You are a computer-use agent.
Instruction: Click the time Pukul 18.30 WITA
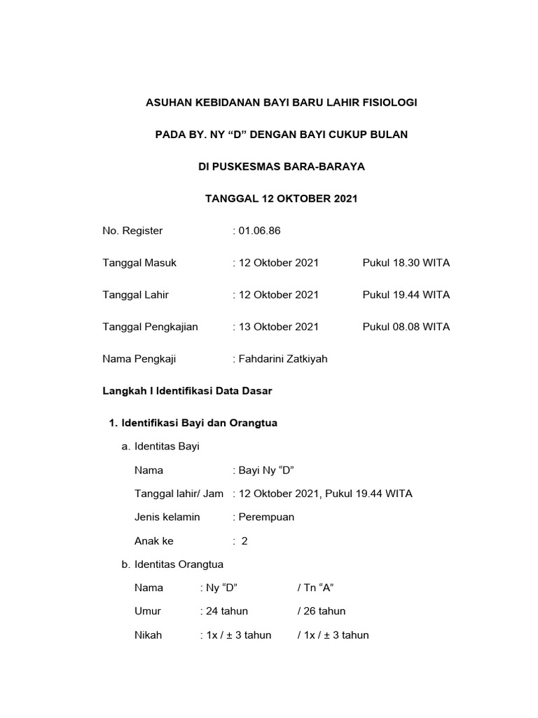[406, 263]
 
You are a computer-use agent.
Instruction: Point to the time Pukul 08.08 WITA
[406, 327]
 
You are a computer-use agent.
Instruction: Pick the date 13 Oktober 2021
[278, 327]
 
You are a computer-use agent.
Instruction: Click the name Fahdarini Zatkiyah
[282, 359]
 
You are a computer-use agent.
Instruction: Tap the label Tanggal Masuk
[139, 263]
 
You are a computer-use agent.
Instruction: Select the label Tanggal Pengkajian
[151, 327]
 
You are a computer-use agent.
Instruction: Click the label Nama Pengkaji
[139, 359]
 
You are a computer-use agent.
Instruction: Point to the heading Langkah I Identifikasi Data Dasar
[187, 391]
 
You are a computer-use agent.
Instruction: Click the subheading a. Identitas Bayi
[160, 446]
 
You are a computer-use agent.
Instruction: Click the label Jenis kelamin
[167, 517]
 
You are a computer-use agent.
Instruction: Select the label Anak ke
[153, 541]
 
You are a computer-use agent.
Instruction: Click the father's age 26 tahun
[324, 611]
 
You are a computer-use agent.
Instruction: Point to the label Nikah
[148, 635]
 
